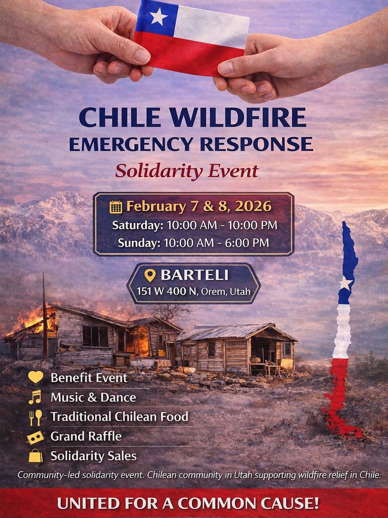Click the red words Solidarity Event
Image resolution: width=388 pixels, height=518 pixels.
tap(187, 171)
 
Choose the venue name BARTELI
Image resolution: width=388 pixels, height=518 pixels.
tap(195, 275)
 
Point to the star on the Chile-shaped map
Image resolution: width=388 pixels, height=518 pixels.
tap(345, 283)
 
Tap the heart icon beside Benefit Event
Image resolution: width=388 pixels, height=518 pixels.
tap(36, 378)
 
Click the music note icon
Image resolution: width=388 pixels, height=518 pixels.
tap(35, 397)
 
